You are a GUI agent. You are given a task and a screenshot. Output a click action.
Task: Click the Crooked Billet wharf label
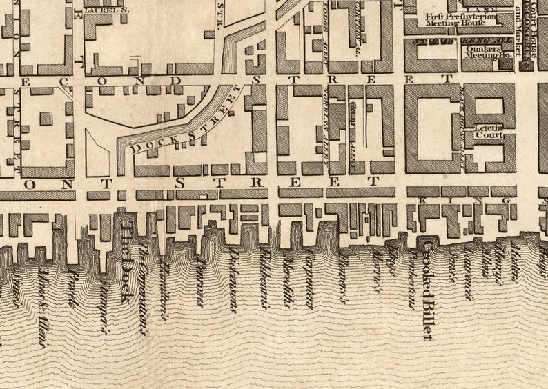pos(428,290)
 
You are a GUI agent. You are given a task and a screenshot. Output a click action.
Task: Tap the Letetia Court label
pos(489,131)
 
